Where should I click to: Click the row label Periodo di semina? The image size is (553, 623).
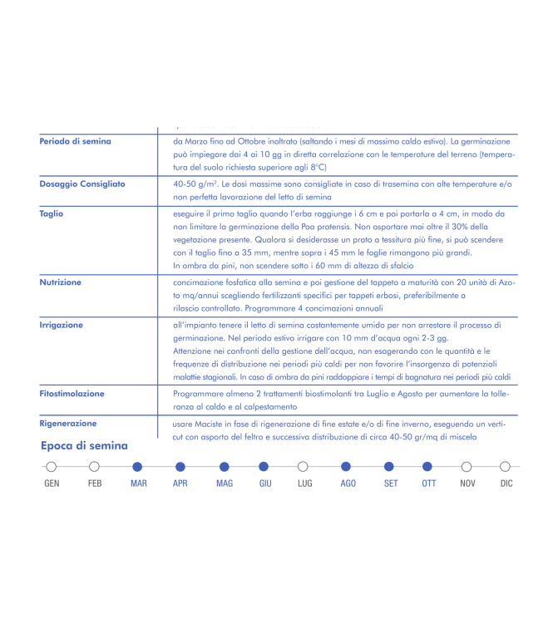tap(75, 141)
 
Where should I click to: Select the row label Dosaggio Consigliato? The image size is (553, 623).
tap(82, 184)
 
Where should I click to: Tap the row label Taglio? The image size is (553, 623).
tap(52, 213)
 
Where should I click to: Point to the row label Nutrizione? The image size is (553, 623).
tap(61, 282)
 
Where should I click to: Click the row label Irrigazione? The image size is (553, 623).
tap(62, 325)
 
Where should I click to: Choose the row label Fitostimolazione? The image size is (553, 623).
tap(72, 393)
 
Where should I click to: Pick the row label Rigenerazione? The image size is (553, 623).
tap(68, 424)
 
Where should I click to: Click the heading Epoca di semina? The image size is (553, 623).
tap(84, 446)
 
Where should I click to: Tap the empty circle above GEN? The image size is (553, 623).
tap(52, 467)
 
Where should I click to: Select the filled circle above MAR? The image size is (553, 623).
tap(138, 467)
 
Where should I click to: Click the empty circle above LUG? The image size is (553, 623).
tap(304, 467)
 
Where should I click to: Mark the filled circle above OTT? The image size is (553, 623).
tap(428, 467)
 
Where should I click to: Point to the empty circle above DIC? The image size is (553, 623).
tap(506, 467)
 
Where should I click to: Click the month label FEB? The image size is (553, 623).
tap(95, 483)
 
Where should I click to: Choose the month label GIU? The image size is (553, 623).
tap(265, 483)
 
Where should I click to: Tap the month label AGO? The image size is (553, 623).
tap(348, 483)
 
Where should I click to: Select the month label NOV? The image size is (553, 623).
tap(467, 483)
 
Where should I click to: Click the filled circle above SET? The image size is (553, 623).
tap(389, 467)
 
